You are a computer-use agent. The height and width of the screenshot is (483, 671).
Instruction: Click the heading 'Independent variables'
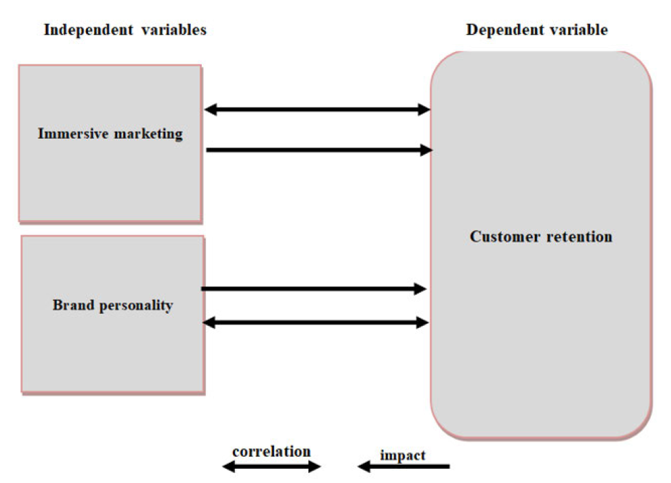pyautogui.click(x=125, y=30)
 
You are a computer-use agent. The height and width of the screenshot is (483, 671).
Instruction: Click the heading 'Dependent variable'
pyautogui.click(x=537, y=30)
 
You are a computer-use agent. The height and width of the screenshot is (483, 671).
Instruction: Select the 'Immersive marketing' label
pyautogui.click(x=110, y=133)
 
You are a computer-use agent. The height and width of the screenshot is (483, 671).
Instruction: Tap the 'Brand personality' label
pyautogui.click(x=112, y=306)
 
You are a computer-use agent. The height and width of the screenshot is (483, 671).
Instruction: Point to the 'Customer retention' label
pyautogui.click(x=541, y=236)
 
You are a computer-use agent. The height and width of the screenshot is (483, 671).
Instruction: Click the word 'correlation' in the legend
pyautogui.click(x=272, y=451)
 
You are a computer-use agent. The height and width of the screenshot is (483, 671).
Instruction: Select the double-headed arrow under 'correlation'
pyautogui.click(x=272, y=466)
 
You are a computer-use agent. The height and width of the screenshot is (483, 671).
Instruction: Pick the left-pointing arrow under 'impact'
pyautogui.click(x=404, y=466)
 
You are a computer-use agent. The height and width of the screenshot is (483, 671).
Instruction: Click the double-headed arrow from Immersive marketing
pyautogui.click(x=317, y=110)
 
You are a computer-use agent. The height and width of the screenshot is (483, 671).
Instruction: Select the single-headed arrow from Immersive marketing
pyautogui.click(x=319, y=150)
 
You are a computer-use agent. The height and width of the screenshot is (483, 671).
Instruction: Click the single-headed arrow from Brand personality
pyautogui.click(x=313, y=289)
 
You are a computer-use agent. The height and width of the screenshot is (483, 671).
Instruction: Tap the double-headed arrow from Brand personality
pyautogui.click(x=316, y=322)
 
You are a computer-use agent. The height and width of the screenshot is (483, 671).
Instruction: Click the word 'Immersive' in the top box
pyautogui.click(x=73, y=133)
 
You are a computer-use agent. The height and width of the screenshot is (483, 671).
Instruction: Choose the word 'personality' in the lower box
pyautogui.click(x=136, y=306)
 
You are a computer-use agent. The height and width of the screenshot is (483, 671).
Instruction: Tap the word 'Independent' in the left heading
pyautogui.click(x=89, y=30)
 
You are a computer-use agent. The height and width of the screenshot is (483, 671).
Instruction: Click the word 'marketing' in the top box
pyautogui.click(x=148, y=134)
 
